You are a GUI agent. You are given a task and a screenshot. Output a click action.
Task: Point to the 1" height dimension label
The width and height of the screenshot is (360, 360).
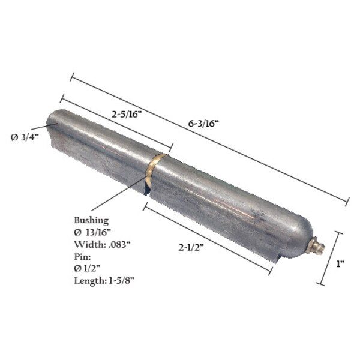[340, 263]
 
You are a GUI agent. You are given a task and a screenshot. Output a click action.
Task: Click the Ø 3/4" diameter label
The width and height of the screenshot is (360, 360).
[23, 137]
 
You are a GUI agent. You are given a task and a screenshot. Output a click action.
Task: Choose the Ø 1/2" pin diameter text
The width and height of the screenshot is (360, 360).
[90, 268]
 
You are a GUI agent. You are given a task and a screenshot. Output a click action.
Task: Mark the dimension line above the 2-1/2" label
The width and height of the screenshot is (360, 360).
[207, 237]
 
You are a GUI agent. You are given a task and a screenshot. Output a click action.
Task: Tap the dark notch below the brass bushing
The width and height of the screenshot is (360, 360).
[146, 191]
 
